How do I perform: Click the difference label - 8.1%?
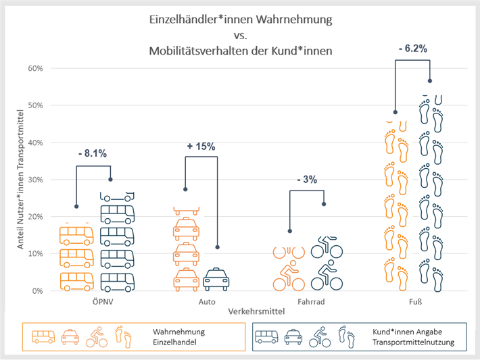93,153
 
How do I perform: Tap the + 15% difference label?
201,145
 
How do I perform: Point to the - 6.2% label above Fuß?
412,49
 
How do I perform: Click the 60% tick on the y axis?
35,68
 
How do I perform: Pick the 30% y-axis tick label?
35,180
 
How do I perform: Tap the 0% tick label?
38,291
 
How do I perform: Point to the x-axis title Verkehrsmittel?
246,312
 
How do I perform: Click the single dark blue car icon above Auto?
216,279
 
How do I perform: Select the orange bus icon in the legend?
43,336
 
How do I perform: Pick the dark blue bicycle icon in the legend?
320,336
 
